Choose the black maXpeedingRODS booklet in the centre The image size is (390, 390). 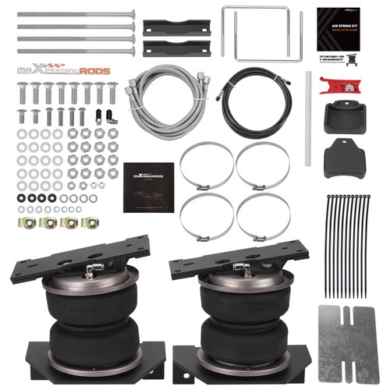(x=148, y=187)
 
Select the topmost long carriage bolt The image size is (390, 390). (x=74, y=14)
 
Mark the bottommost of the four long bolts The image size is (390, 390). (x=74, y=51)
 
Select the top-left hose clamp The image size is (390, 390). (x=207, y=165)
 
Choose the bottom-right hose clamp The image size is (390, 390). (x=263, y=216)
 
